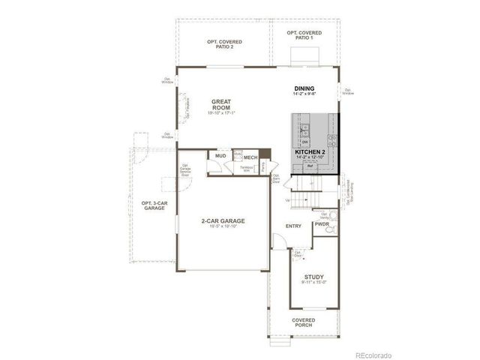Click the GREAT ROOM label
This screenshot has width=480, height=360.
[221, 103]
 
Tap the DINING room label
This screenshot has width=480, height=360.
[304, 89]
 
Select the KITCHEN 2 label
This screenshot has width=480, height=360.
[309, 152]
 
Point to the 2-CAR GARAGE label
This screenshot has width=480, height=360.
[223, 220]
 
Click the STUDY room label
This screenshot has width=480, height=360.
[313, 277]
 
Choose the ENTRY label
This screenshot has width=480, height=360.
[292, 226]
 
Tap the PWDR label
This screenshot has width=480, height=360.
[322, 223]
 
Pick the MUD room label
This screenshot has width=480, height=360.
[220, 156]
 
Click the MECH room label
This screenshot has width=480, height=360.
[250, 157]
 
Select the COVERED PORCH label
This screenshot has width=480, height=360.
[304, 323]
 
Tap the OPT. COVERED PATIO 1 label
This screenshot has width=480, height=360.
[304, 35]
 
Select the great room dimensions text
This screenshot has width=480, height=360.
[221, 113]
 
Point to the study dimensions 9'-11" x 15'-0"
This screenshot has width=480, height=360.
[313, 283]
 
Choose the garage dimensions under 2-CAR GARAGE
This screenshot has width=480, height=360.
[223, 226]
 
